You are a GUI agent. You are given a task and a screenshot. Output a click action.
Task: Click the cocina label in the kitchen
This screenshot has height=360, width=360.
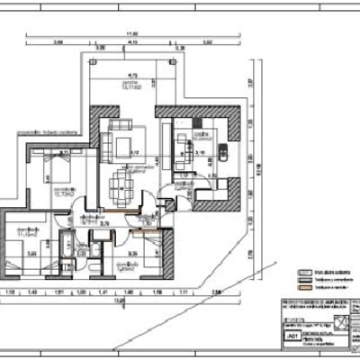pos(201,135)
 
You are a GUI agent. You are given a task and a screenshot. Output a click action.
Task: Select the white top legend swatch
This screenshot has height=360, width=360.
pos(305,267)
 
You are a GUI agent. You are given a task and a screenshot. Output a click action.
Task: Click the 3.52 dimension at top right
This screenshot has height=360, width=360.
pos(206,42)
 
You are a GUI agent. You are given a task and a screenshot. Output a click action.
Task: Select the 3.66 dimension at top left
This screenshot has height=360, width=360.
pos(58,42)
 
